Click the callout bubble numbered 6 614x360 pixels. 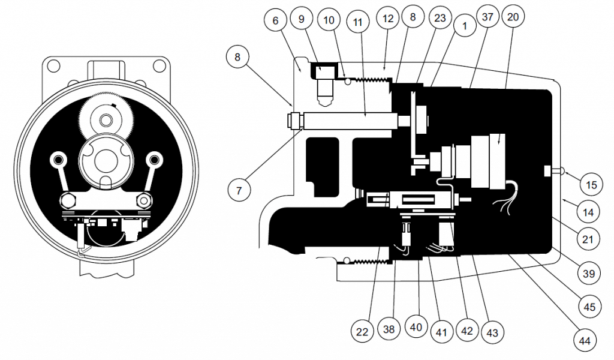(275, 20)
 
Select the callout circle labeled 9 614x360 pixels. (301, 19)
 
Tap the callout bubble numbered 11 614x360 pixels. (357, 22)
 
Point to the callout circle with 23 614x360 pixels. (440, 17)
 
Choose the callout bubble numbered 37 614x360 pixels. (487, 17)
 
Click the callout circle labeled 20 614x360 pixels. (513, 17)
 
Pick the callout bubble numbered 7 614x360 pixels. (239, 191)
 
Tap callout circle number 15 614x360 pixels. (591, 185)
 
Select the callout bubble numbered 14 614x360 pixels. (589, 213)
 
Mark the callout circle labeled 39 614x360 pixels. (589, 273)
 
